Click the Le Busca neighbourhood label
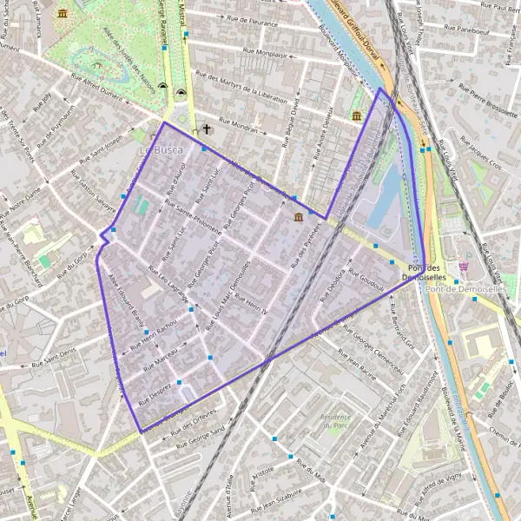coord(156,150)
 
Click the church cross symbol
coord(207,130)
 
